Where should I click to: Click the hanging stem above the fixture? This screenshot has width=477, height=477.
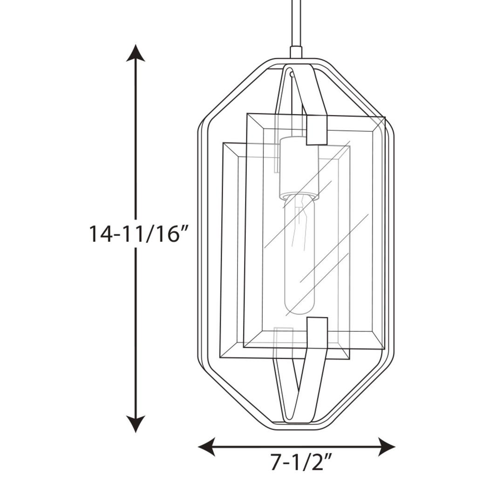click(295, 23)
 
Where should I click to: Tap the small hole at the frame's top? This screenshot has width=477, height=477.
click(291, 73)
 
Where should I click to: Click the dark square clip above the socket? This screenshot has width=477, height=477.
click(317, 130)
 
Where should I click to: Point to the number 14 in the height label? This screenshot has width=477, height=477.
click(100, 233)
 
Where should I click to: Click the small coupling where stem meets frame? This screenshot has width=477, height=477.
click(295, 52)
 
